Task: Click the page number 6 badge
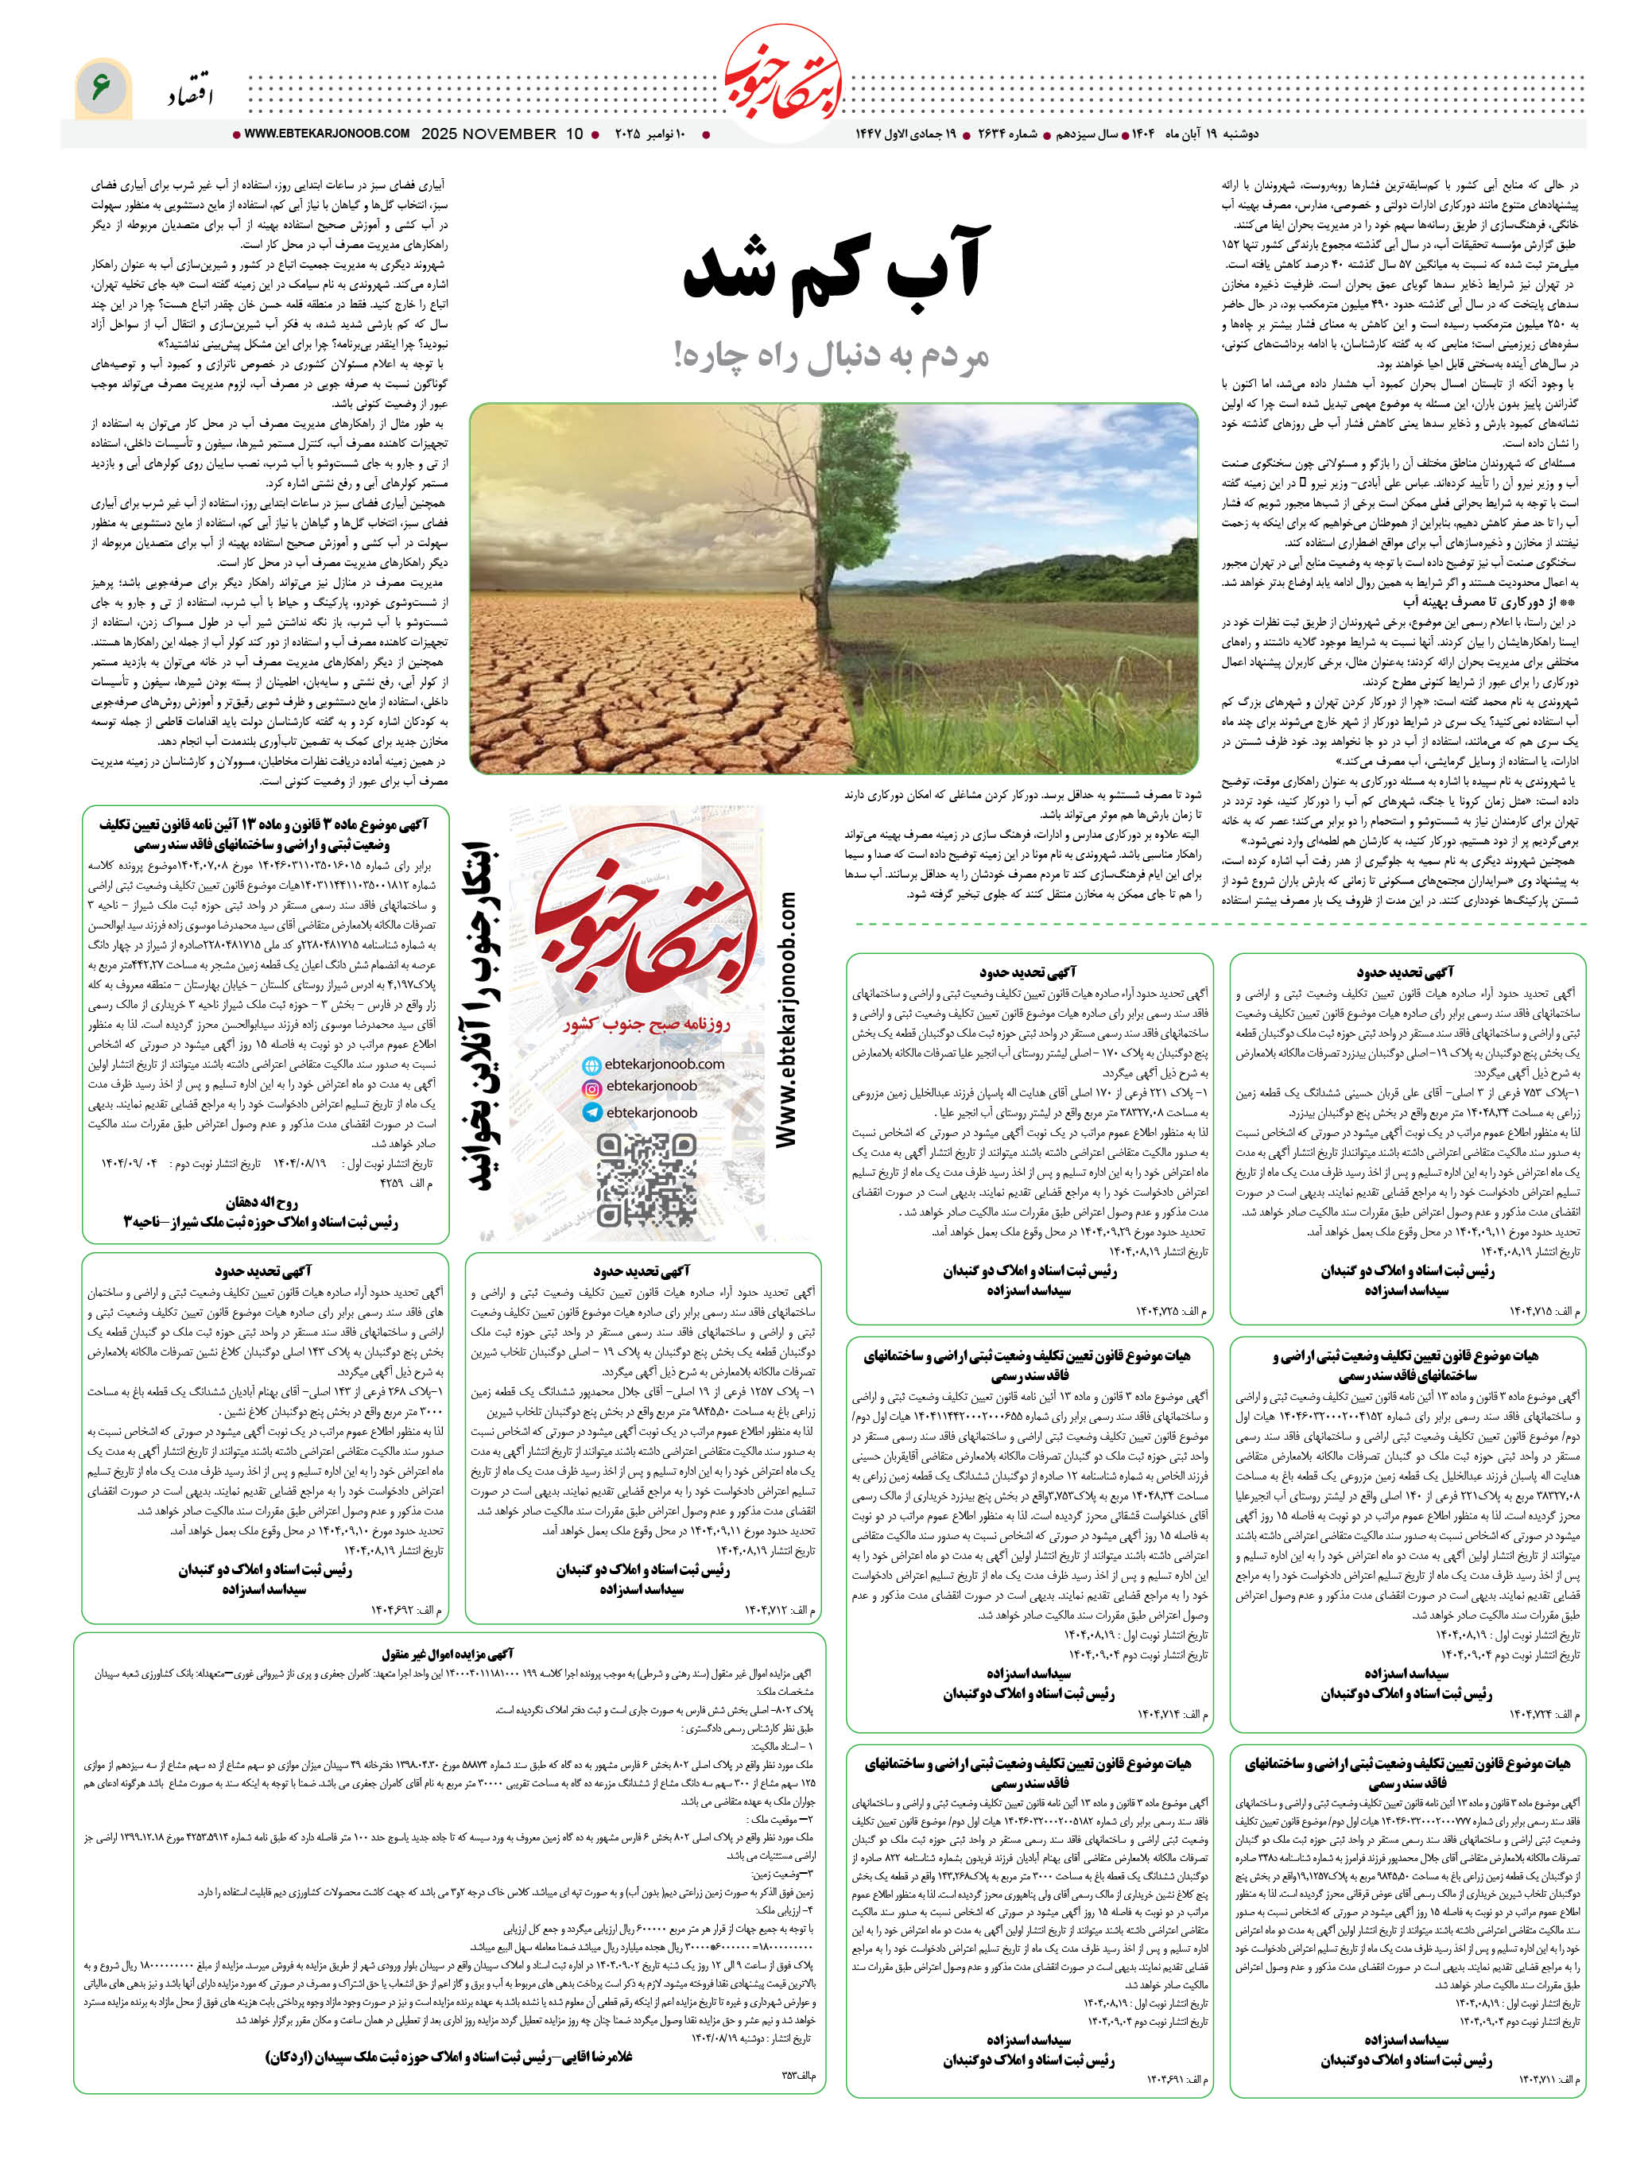[101, 88]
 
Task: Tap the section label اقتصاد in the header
[190, 94]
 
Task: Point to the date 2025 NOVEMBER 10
[502, 134]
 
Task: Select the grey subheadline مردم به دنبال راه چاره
[832, 355]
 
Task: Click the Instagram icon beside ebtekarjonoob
[591, 1088]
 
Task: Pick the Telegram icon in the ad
[591, 1112]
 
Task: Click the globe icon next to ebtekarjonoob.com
[591, 1065]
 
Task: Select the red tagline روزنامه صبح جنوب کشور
[646, 1024]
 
